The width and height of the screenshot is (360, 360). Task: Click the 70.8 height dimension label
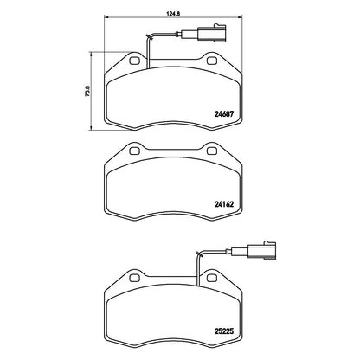click(x=87, y=91)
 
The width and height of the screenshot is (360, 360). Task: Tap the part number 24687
click(x=224, y=114)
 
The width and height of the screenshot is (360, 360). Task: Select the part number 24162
click(x=224, y=204)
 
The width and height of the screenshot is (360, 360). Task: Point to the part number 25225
click(x=224, y=331)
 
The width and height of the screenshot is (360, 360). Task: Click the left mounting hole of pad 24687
click(x=135, y=61)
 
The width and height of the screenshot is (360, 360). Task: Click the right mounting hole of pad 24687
click(x=213, y=61)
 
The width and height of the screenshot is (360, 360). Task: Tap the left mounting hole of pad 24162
click(x=135, y=151)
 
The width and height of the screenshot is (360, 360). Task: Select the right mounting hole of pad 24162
click(x=213, y=151)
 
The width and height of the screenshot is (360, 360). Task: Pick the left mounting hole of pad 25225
click(x=135, y=278)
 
